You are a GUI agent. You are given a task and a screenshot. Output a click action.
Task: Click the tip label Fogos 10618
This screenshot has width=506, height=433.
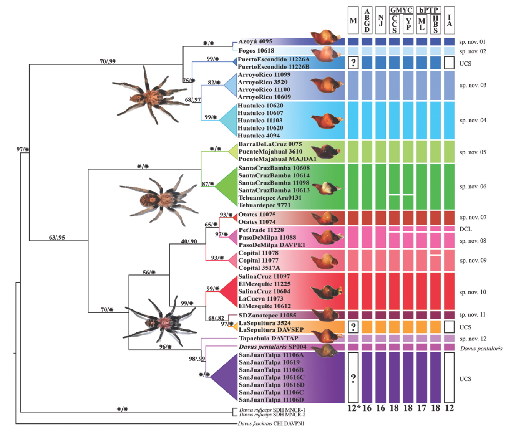(x=256, y=51)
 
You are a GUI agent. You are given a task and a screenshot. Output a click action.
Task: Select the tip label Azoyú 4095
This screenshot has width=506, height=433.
(x=255, y=41)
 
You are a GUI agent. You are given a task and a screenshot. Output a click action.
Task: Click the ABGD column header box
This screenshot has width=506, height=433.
(x=367, y=20)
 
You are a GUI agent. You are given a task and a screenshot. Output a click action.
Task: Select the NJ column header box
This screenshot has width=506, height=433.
(x=380, y=20)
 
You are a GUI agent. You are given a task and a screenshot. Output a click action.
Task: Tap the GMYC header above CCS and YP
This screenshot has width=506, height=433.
(x=401, y=10)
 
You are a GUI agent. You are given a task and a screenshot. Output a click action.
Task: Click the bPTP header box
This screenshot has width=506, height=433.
(x=429, y=10)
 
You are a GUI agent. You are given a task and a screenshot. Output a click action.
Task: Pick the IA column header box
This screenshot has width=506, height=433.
(x=449, y=20)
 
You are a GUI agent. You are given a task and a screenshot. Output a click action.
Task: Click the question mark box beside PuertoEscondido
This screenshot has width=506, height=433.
(x=353, y=63)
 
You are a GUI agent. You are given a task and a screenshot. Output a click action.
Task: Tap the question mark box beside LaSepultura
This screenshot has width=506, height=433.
(x=353, y=327)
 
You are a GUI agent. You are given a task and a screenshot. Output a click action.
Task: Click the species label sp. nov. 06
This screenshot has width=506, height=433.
(x=473, y=187)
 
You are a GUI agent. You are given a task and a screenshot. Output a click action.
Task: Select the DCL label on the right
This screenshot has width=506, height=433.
(x=465, y=229)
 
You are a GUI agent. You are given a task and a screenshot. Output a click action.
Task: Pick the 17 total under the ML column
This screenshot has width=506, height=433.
(x=421, y=408)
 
